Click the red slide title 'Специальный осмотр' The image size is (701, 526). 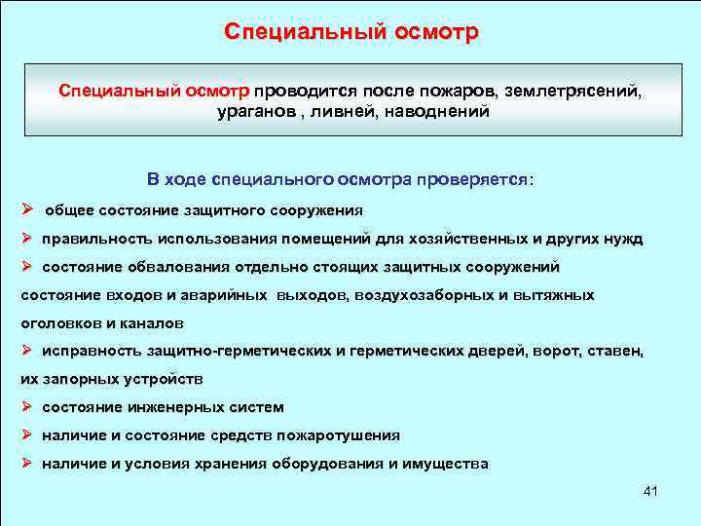[x=350, y=32]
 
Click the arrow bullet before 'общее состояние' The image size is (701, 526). [x=28, y=209]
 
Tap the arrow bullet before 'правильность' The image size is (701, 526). [x=28, y=238]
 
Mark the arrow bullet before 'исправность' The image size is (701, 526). [x=28, y=350]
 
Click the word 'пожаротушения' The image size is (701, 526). [x=338, y=435]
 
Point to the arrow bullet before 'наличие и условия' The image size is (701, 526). [x=28, y=463]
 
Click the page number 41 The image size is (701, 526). [x=650, y=491]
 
